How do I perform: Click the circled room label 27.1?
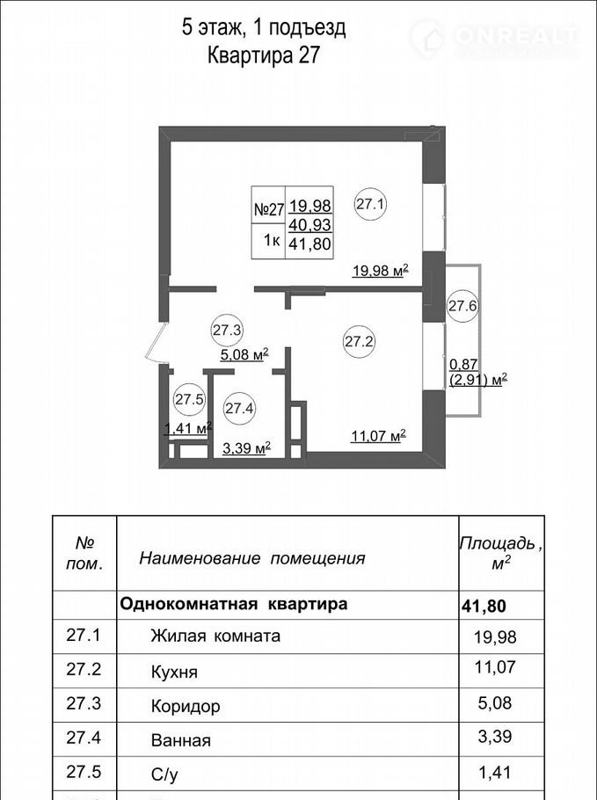pyautogui.click(x=371, y=205)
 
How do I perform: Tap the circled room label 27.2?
pyautogui.click(x=360, y=341)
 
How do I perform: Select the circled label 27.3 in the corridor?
pyautogui.click(x=227, y=330)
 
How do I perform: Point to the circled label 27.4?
pyautogui.click(x=239, y=408)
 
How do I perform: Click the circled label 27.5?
pyautogui.click(x=189, y=399)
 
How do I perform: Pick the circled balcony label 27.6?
pyautogui.click(x=462, y=306)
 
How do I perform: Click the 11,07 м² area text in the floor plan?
pyautogui.click(x=378, y=436)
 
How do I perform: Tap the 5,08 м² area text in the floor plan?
pyautogui.click(x=244, y=354)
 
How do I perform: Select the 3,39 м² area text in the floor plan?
pyautogui.click(x=246, y=448)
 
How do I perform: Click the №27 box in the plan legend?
pyautogui.click(x=268, y=209)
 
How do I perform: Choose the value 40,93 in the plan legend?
pyautogui.click(x=310, y=224)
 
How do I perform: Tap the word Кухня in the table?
pyautogui.click(x=174, y=672)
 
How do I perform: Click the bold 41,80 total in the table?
pyautogui.click(x=484, y=606)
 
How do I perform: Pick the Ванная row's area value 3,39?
pyautogui.click(x=495, y=736)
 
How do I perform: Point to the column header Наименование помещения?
pyautogui.click(x=252, y=558)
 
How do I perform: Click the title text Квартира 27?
pyautogui.click(x=263, y=55)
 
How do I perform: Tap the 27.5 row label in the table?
pyautogui.click(x=84, y=772)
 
